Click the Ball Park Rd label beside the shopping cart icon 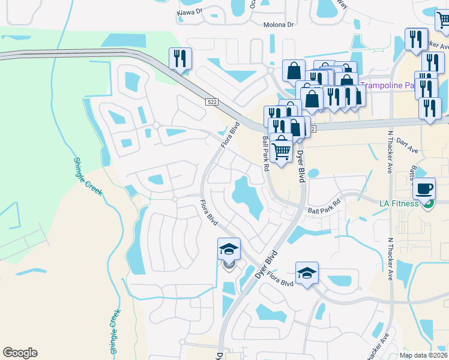tap(265, 153)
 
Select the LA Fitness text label tap(399, 203)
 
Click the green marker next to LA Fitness tap(427, 204)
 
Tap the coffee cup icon tap(424, 188)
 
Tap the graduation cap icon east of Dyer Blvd tap(307, 273)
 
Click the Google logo tap(20, 353)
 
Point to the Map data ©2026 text tap(423, 355)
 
